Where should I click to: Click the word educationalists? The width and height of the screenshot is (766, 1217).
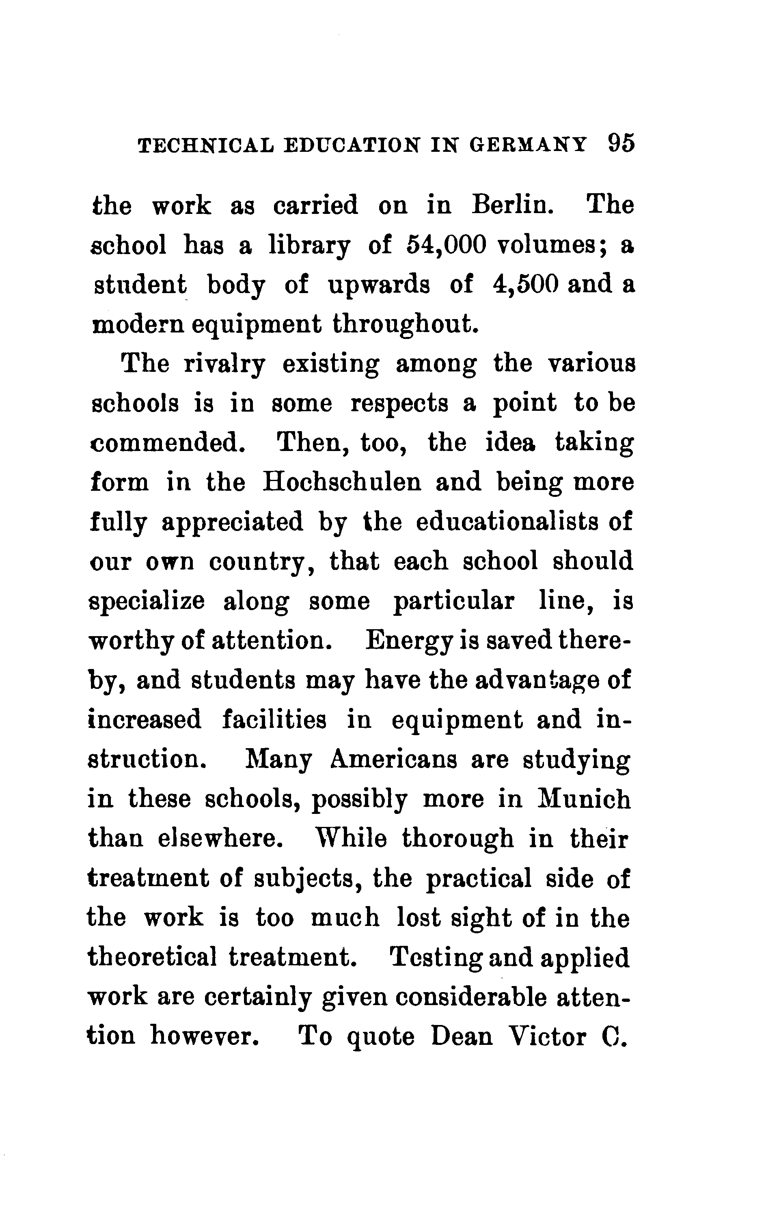coord(509,521)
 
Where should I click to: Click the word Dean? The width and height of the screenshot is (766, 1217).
coord(462,1036)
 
